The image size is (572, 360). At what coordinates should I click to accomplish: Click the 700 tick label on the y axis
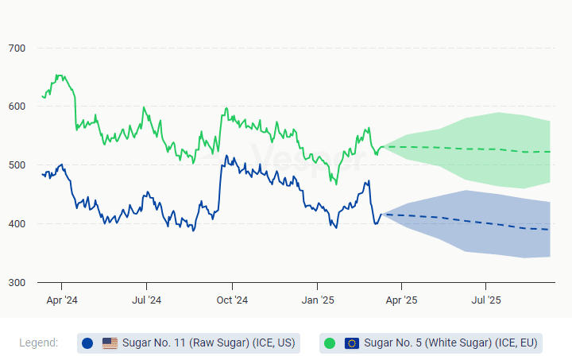click(17, 48)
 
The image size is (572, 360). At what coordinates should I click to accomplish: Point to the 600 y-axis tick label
click(17, 106)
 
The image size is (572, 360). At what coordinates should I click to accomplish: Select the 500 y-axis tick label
click(17, 165)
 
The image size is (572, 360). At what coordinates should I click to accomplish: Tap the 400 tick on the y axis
click(17, 224)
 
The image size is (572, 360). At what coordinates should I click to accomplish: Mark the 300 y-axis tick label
click(17, 283)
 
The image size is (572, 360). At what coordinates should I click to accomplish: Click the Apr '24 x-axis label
click(61, 300)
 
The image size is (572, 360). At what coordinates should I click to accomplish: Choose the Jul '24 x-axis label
click(146, 300)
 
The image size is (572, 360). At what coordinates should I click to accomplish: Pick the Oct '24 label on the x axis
click(232, 300)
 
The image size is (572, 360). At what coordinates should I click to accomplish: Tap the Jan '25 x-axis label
click(317, 300)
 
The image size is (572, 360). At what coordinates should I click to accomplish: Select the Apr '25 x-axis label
click(401, 300)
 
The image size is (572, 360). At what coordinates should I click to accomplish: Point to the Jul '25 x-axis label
click(486, 300)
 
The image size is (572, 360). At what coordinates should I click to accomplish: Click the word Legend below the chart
click(39, 343)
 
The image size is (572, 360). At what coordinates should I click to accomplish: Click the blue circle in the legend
click(87, 343)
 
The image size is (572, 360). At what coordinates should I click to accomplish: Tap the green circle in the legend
click(330, 343)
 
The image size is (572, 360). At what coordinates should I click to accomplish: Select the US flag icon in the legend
click(110, 343)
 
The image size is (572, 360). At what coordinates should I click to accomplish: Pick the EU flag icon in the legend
click(352, 343)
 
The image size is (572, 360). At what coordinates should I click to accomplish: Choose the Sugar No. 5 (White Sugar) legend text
click(450, 343)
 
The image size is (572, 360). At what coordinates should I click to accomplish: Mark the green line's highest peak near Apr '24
click(57, 75)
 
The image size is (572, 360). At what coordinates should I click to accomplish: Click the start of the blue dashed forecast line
click(382, 214)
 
